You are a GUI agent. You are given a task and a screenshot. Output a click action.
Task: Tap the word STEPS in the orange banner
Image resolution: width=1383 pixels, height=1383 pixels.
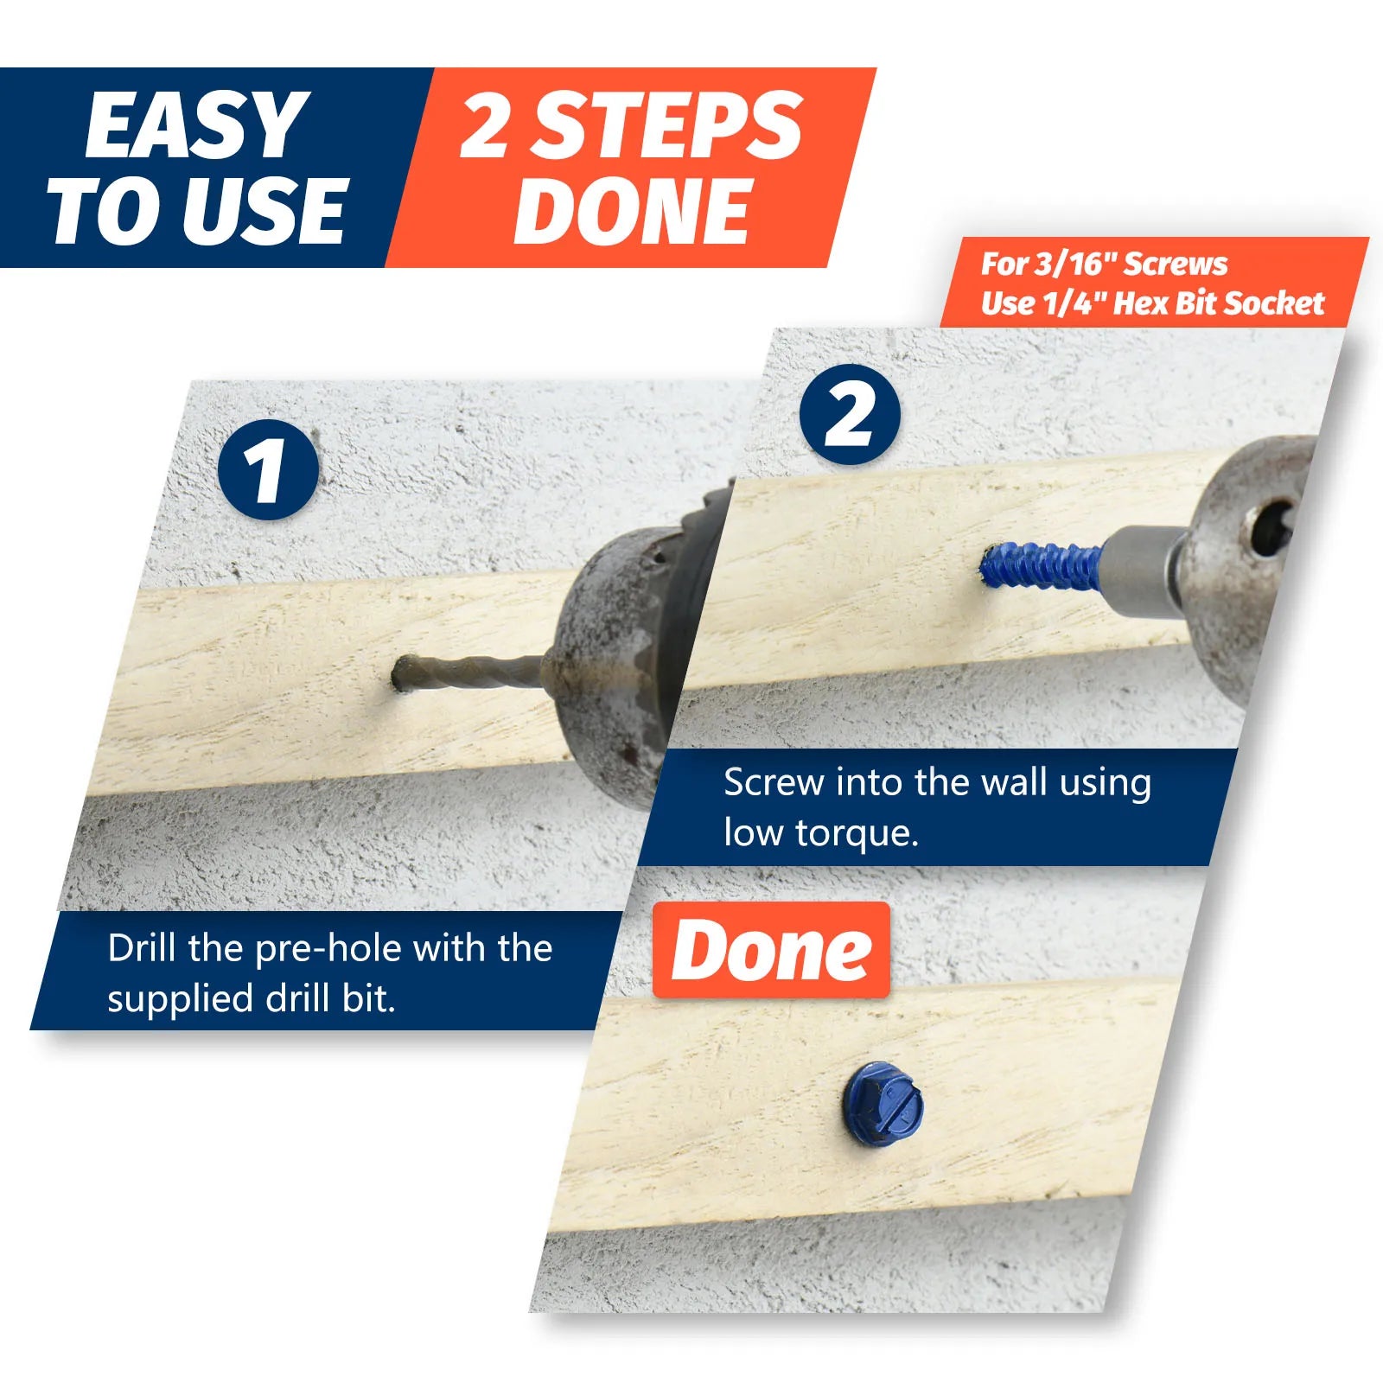point(666,126)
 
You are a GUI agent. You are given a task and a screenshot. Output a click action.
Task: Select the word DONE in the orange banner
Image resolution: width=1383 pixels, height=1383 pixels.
point(631,213)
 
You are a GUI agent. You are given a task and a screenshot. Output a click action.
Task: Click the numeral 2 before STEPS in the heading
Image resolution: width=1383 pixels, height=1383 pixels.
point(484,126)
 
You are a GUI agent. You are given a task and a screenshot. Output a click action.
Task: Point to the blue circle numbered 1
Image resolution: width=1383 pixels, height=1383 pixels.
point(268,470)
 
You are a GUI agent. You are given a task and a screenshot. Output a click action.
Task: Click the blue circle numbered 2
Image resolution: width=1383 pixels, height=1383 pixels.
point(849,415)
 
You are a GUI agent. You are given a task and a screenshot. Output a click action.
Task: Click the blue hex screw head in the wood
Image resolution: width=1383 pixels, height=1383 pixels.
point(883,1106)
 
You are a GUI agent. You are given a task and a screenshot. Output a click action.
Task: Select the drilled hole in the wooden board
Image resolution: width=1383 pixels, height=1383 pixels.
point(402,674)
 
